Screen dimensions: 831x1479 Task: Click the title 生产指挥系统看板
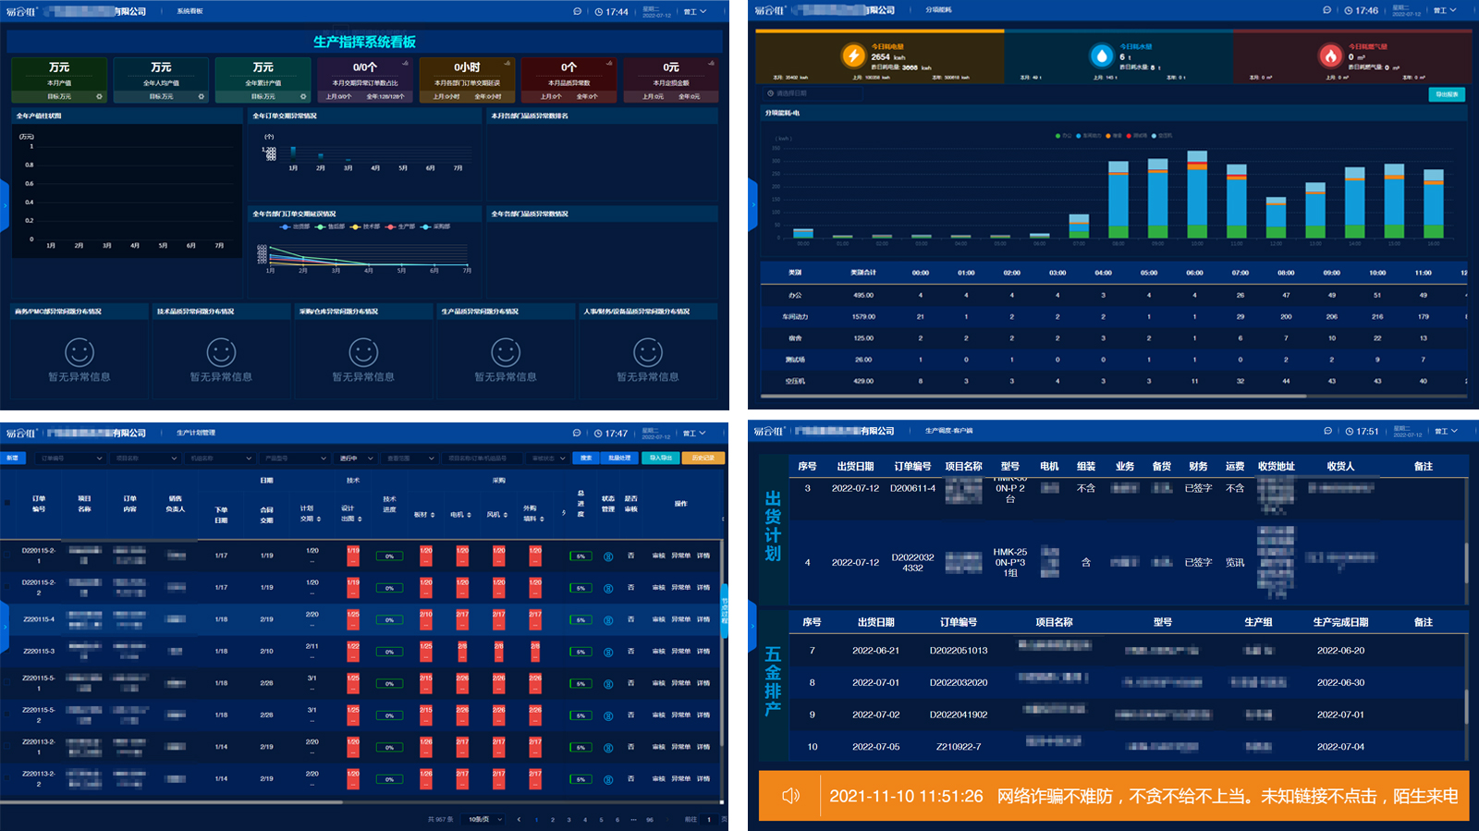(364, 42)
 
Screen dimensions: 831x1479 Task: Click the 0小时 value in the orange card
(467, 67)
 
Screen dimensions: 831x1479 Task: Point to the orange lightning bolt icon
(852, 55)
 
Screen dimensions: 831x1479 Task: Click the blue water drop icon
(1101, 55)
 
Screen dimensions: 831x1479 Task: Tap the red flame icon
(1329, 55)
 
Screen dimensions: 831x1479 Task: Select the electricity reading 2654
(881, 57)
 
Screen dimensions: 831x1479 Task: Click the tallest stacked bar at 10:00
(1196, 194)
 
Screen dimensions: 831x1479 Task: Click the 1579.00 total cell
(863, 317)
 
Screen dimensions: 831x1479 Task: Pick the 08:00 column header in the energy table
(1286, 273)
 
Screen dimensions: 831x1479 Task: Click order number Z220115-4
(39, 619)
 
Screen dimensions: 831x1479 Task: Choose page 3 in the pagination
(568, 820)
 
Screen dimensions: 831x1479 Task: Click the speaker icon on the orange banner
(790, 796)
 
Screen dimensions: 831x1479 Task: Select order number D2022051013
(958, 651)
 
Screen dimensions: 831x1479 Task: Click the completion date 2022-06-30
(1340, 683)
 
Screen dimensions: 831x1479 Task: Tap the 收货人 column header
(1340, 467)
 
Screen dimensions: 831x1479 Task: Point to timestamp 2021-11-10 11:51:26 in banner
(906, 796)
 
